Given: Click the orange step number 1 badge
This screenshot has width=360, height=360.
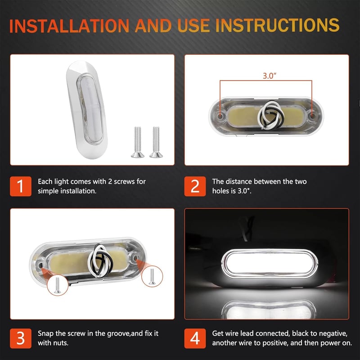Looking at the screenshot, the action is tap(21, 186).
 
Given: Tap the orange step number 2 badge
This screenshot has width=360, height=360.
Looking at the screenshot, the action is tap(195, 186).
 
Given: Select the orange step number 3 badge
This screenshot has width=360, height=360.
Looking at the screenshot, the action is tap(21, 338).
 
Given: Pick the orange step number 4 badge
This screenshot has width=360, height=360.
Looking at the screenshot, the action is tap(195, 338).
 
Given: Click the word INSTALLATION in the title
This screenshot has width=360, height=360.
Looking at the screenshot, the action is tap(69, 26).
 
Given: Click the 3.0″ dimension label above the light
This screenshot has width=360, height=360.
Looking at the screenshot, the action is tap(270, 76).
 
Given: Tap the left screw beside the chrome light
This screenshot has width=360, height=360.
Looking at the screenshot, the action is tap(138, 142).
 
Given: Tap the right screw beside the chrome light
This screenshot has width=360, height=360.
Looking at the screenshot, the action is tap(156, 142).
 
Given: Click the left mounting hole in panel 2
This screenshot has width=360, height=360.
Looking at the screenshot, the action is tap(220, 116).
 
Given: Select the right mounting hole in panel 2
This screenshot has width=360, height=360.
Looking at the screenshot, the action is tap(312, 116).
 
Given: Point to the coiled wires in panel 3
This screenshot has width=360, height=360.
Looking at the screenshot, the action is tap(100, 261).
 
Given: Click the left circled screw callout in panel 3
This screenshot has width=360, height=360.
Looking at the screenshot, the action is tap(58, 285).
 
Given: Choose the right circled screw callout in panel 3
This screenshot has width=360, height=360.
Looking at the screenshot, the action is tap(152, 276).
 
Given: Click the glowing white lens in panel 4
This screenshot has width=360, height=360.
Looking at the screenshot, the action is tap(270, 263).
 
